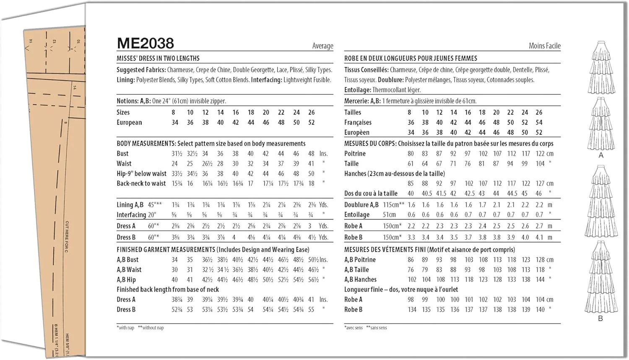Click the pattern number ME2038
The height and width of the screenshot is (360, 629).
[145, 43]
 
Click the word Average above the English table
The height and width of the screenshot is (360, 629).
[322, 46]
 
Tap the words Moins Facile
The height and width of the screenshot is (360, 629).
[544, 46]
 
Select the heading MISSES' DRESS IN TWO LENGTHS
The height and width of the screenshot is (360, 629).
[158, 58]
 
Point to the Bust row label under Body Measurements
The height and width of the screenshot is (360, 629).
[122, 154]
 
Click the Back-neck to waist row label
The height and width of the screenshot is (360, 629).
[141, 183]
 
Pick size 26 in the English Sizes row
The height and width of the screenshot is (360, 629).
[311, 112]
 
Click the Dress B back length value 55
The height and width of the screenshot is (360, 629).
[311, 310]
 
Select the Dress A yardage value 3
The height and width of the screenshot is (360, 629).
[310, 226]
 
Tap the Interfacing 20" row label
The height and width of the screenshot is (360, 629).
[136, 215]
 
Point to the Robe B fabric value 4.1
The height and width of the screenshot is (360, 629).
[539, 237]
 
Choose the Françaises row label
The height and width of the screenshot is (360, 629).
[358, 123]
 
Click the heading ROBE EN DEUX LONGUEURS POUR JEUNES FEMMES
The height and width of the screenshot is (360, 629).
[411, 58]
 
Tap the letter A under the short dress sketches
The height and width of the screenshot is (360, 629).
[601, 156]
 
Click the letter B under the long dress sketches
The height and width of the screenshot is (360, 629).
[600, 318]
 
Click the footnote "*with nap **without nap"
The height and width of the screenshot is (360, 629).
[140, 328]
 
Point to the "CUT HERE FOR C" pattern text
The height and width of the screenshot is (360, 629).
[67, 237]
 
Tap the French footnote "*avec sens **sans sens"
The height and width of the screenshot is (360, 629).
[366, 328]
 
